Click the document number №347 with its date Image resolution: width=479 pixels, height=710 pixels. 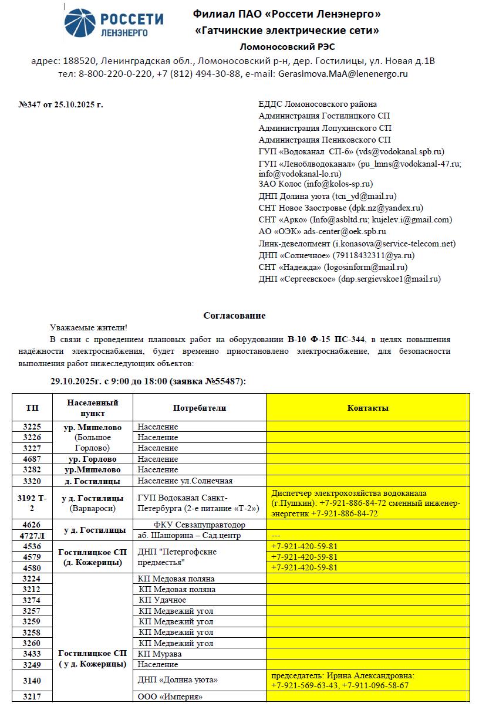pyautogui.click(x=60, y=104)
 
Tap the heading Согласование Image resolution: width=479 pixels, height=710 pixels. pyautogui.click(x=234, y=316)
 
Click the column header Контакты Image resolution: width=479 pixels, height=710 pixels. pyautogui.click(x=367, y=408)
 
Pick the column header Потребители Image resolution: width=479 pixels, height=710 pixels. pyautogui.click(x=199, y=408)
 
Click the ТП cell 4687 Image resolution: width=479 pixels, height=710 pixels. pyautogui.click(x=32, y=459)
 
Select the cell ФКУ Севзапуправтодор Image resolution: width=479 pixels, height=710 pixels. pyautogui.click(x=199, y=525)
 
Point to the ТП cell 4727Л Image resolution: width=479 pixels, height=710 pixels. pyautogui.click(x=32, y=535)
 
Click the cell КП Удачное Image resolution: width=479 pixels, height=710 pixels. pyautogui.click(x=163, y=600)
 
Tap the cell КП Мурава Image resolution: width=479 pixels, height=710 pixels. pyautogui.click(x=160, y=654)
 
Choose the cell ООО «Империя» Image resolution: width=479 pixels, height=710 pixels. pyautogui.click(x=170, y=697)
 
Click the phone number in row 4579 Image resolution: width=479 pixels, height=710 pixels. pyautogui.click(x=304, y=557)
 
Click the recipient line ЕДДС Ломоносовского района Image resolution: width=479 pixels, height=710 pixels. pyautogui.click(x=318, y=104)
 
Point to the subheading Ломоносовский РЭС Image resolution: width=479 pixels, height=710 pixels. pyautogui.click(x=287, y=47)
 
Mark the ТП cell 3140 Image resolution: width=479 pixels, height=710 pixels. pyautogui.click(x=32, y=680)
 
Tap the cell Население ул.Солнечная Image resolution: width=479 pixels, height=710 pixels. pyautogui.click(x=185, y=481)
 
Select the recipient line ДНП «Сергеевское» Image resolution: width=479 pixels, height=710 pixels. pyautogui.click(x=349, y=279)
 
